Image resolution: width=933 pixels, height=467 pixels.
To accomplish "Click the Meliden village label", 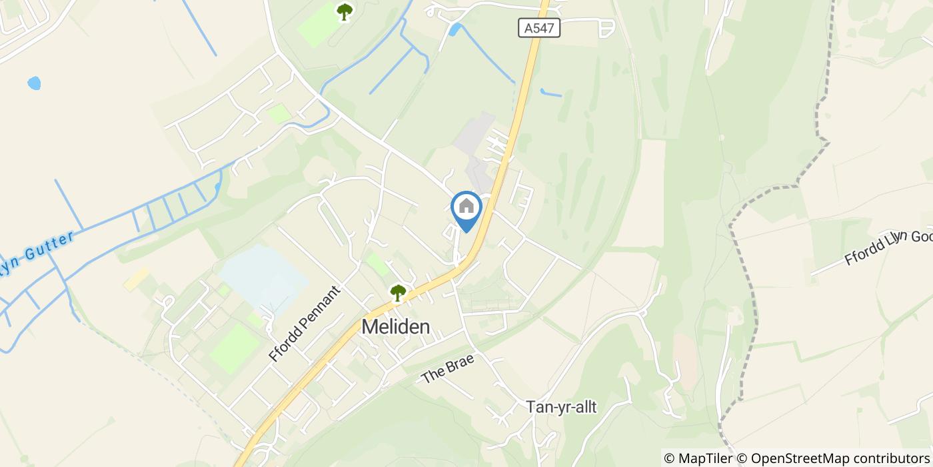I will (396, 328).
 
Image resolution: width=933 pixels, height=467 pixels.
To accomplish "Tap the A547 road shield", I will (538, 28).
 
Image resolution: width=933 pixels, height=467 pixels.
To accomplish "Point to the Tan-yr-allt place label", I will (561, 407).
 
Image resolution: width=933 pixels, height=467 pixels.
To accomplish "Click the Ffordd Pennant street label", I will (305, 324).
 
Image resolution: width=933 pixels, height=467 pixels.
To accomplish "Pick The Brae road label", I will (447, 368).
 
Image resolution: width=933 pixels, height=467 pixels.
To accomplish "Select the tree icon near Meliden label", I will (398, 292).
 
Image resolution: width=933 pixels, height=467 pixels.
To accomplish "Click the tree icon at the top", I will (344, 11).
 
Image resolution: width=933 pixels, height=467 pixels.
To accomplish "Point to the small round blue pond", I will (33, 83).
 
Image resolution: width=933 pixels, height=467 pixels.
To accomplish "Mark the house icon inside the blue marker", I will (467, 206).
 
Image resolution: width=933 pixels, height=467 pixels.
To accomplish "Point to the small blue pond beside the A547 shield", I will (455, 29).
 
